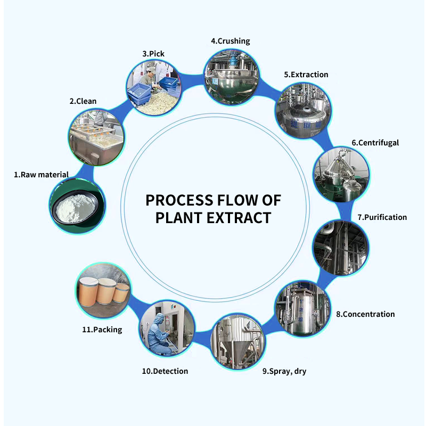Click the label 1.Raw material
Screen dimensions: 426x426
(42, 175)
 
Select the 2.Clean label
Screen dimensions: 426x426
(83, 101)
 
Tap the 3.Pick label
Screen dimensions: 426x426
(153, 54)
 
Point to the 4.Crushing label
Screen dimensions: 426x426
(231, 41)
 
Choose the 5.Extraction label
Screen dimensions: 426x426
(306, 75)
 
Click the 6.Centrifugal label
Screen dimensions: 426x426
(375, 143)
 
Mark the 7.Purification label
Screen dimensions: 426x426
(382, 217)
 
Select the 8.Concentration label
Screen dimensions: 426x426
(365, 314)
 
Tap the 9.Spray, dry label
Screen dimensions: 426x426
(284, 371)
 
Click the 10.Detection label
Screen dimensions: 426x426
(165, 371)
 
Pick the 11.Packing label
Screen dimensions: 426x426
(102, 330)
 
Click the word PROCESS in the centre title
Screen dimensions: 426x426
(179, 201)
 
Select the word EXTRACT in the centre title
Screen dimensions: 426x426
(239, 218)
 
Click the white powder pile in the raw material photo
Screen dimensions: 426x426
(76, 208)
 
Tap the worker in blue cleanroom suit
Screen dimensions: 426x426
(159, 334)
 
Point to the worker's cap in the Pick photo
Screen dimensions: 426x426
(151, 70)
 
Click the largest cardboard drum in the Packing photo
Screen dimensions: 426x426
(87, 292)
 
